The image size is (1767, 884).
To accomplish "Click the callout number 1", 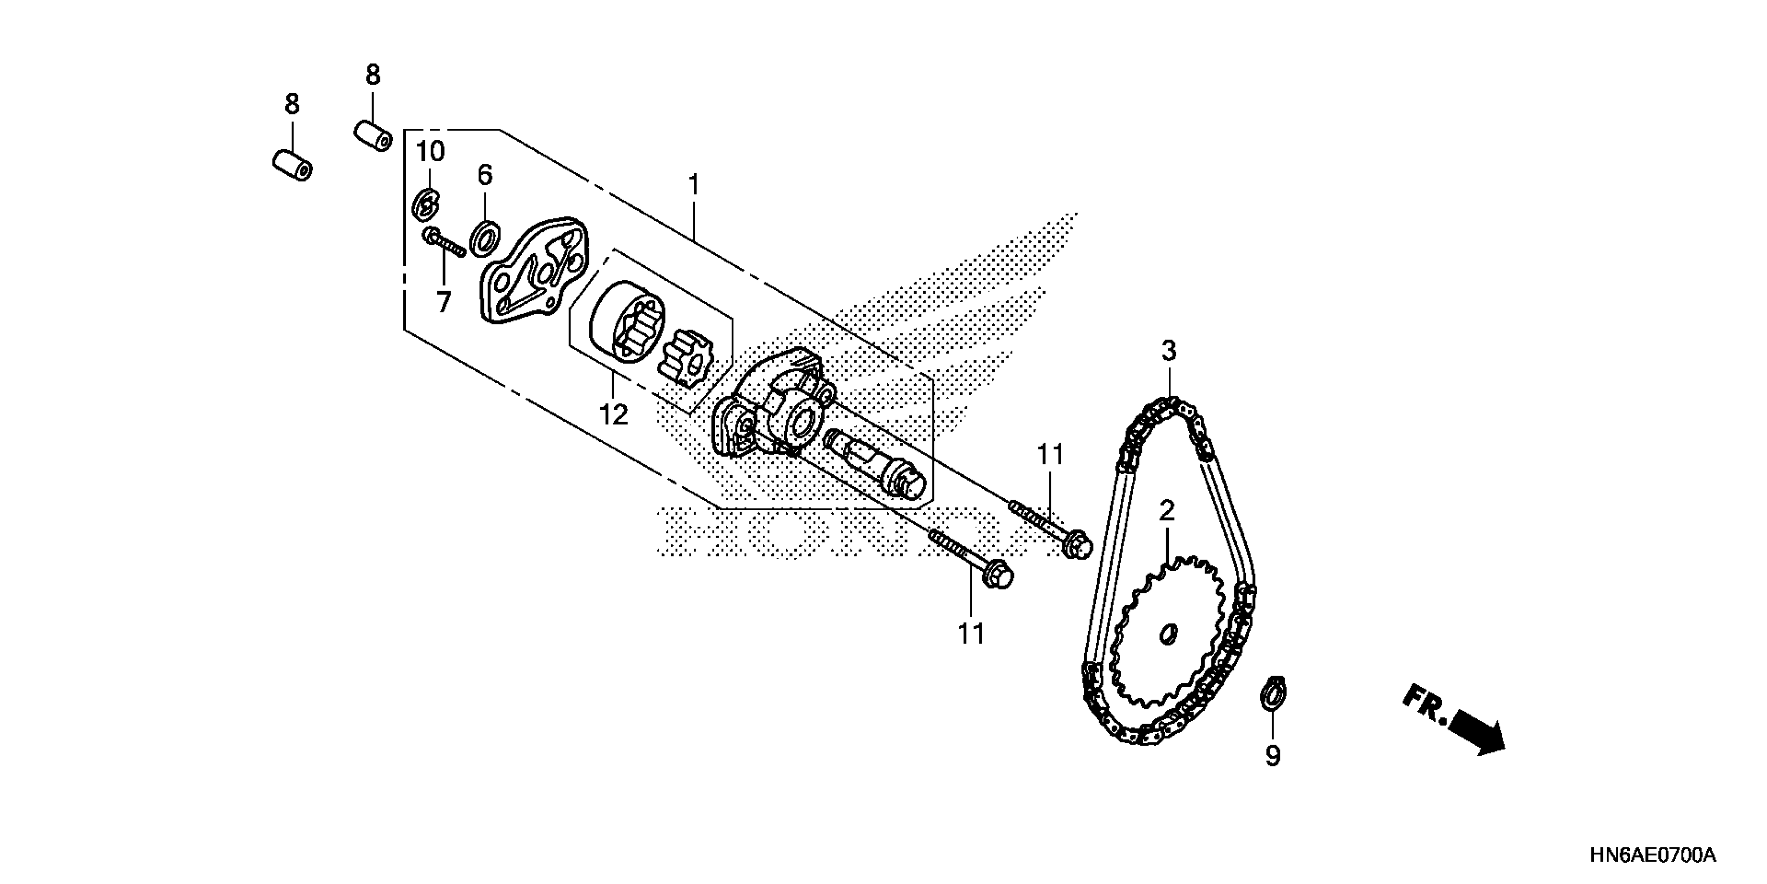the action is point(693,185).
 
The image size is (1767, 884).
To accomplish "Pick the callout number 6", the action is point(485,176).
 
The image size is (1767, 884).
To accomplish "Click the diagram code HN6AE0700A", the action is point(1652,856).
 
